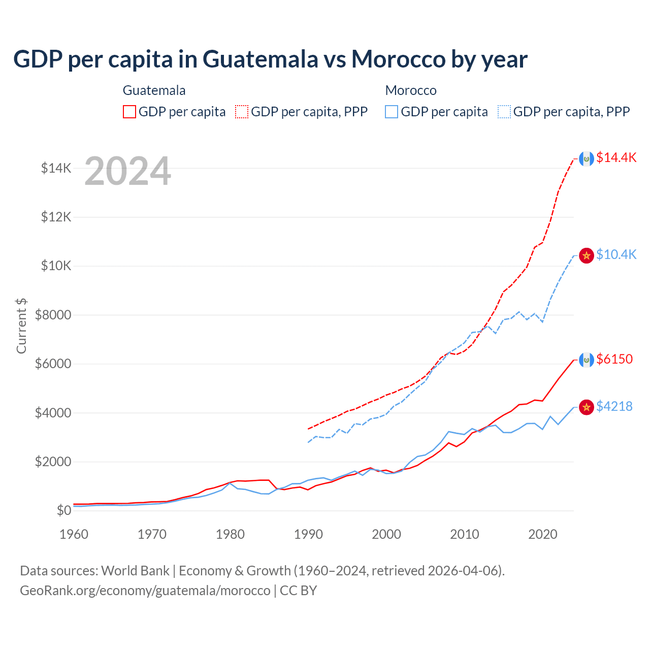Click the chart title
[270, 59]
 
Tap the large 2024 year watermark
[127, 172]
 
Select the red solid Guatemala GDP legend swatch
[129, 112]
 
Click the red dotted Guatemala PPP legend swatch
[242, 112]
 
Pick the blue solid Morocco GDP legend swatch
[392, 112]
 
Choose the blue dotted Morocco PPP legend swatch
[504, 112]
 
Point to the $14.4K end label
[616, 157]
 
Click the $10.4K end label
[616, 254]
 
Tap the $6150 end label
[614, 359]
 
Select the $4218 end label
[614, 406]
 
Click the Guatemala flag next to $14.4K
[587, 159]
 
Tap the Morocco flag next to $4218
[587, 407]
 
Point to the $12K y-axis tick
[56, 217]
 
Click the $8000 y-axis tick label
[53, 315]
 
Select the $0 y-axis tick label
[64, 510]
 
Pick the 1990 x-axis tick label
[308, 534]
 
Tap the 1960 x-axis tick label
[74, 534]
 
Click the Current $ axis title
[21, 326]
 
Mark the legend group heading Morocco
[411, 90]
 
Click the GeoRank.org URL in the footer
[145, 591]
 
